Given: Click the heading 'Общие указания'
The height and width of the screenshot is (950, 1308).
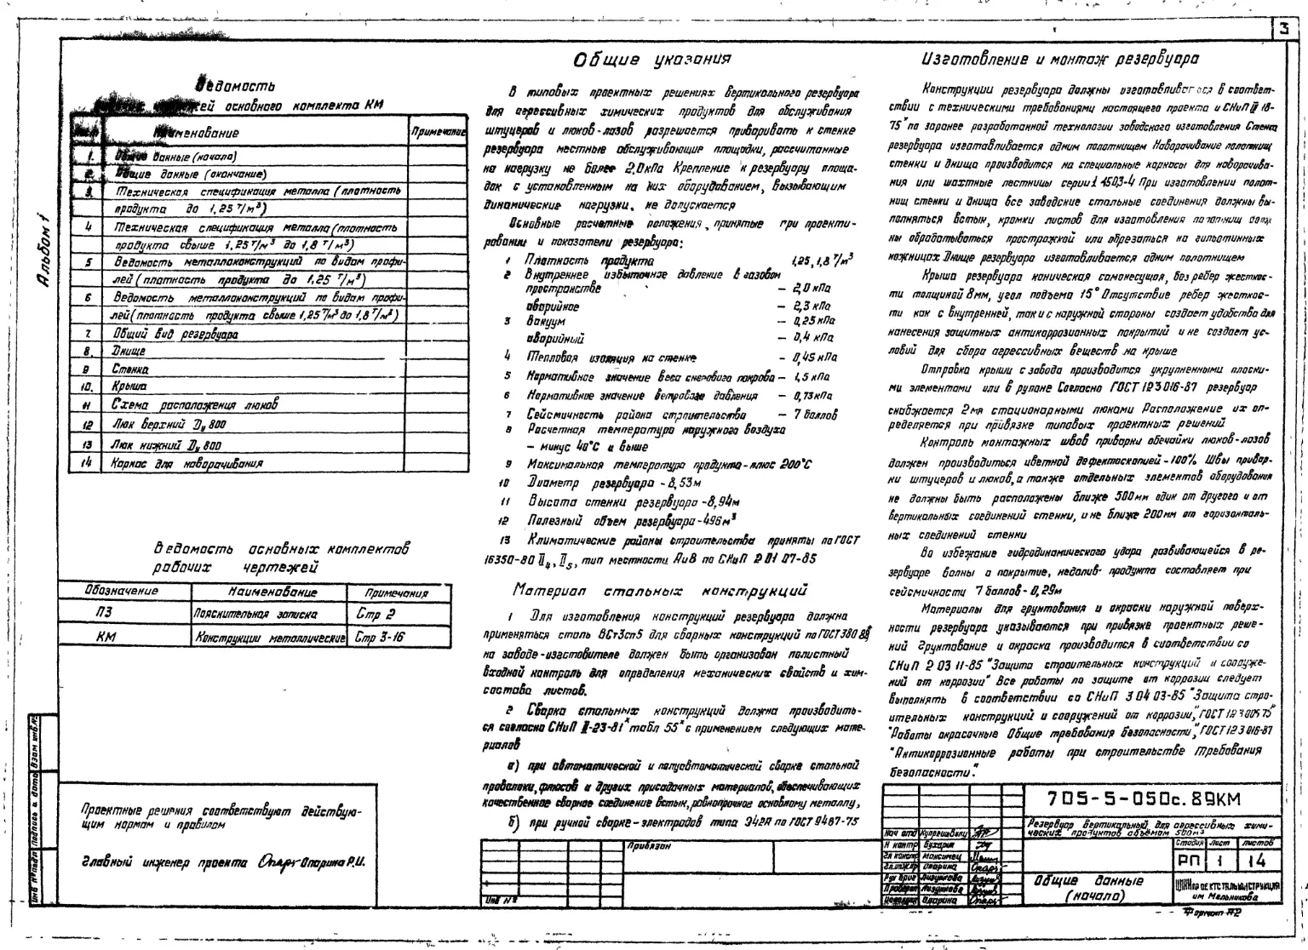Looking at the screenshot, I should pyautogui.click(x=652, y=60).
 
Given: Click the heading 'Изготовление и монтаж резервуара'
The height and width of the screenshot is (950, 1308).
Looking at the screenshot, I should pyautogui.click(x=1060, y=60).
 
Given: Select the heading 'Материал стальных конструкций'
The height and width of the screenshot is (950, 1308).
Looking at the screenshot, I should pyautogui.click(x=660, y=589).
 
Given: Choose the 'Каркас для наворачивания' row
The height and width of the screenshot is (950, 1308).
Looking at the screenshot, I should pyautogui.click(x=187, y=463).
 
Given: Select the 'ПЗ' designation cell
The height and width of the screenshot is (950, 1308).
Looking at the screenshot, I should pyautogui.click(x=105, y=612).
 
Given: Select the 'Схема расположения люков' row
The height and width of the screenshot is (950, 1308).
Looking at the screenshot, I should pyautogui.click(x=195, y=405).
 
